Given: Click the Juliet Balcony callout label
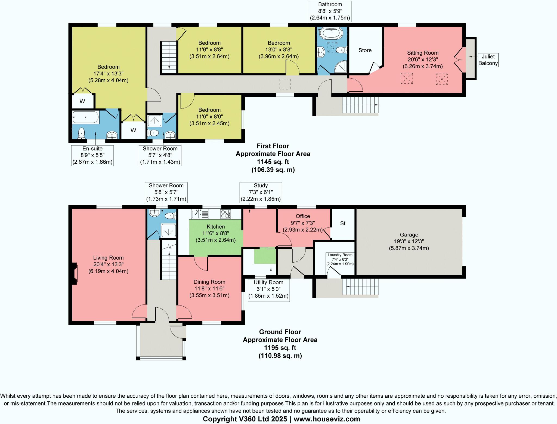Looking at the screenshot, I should [x=488, y=60].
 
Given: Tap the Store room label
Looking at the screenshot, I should [x=365, y=50].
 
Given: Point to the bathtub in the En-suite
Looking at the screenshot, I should [x=85, y=117].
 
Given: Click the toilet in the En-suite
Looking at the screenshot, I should [x=81, y=133].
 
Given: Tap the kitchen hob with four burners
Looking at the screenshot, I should [x=225, y=214].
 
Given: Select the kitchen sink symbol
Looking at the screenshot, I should [x=200, y=214].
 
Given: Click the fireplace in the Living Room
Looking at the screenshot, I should [x=75, y=274].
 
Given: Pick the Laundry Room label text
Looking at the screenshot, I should [x=340, y=255].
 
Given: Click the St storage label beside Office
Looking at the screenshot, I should [x=343, y=223].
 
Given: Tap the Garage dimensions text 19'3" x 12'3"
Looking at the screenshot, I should [x=409, y=241].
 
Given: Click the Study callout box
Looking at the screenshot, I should [x=261, y=192].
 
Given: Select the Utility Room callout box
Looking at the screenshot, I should [x=268, y=289].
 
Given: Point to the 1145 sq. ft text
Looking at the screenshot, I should [x=273, y=162].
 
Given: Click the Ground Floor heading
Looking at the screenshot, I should [x=280, y=332].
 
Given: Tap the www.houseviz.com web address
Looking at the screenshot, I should [x=327, y=419].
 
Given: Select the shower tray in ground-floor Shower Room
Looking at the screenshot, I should [x=168, y=230].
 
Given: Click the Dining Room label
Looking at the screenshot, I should [x=209, y=282].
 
